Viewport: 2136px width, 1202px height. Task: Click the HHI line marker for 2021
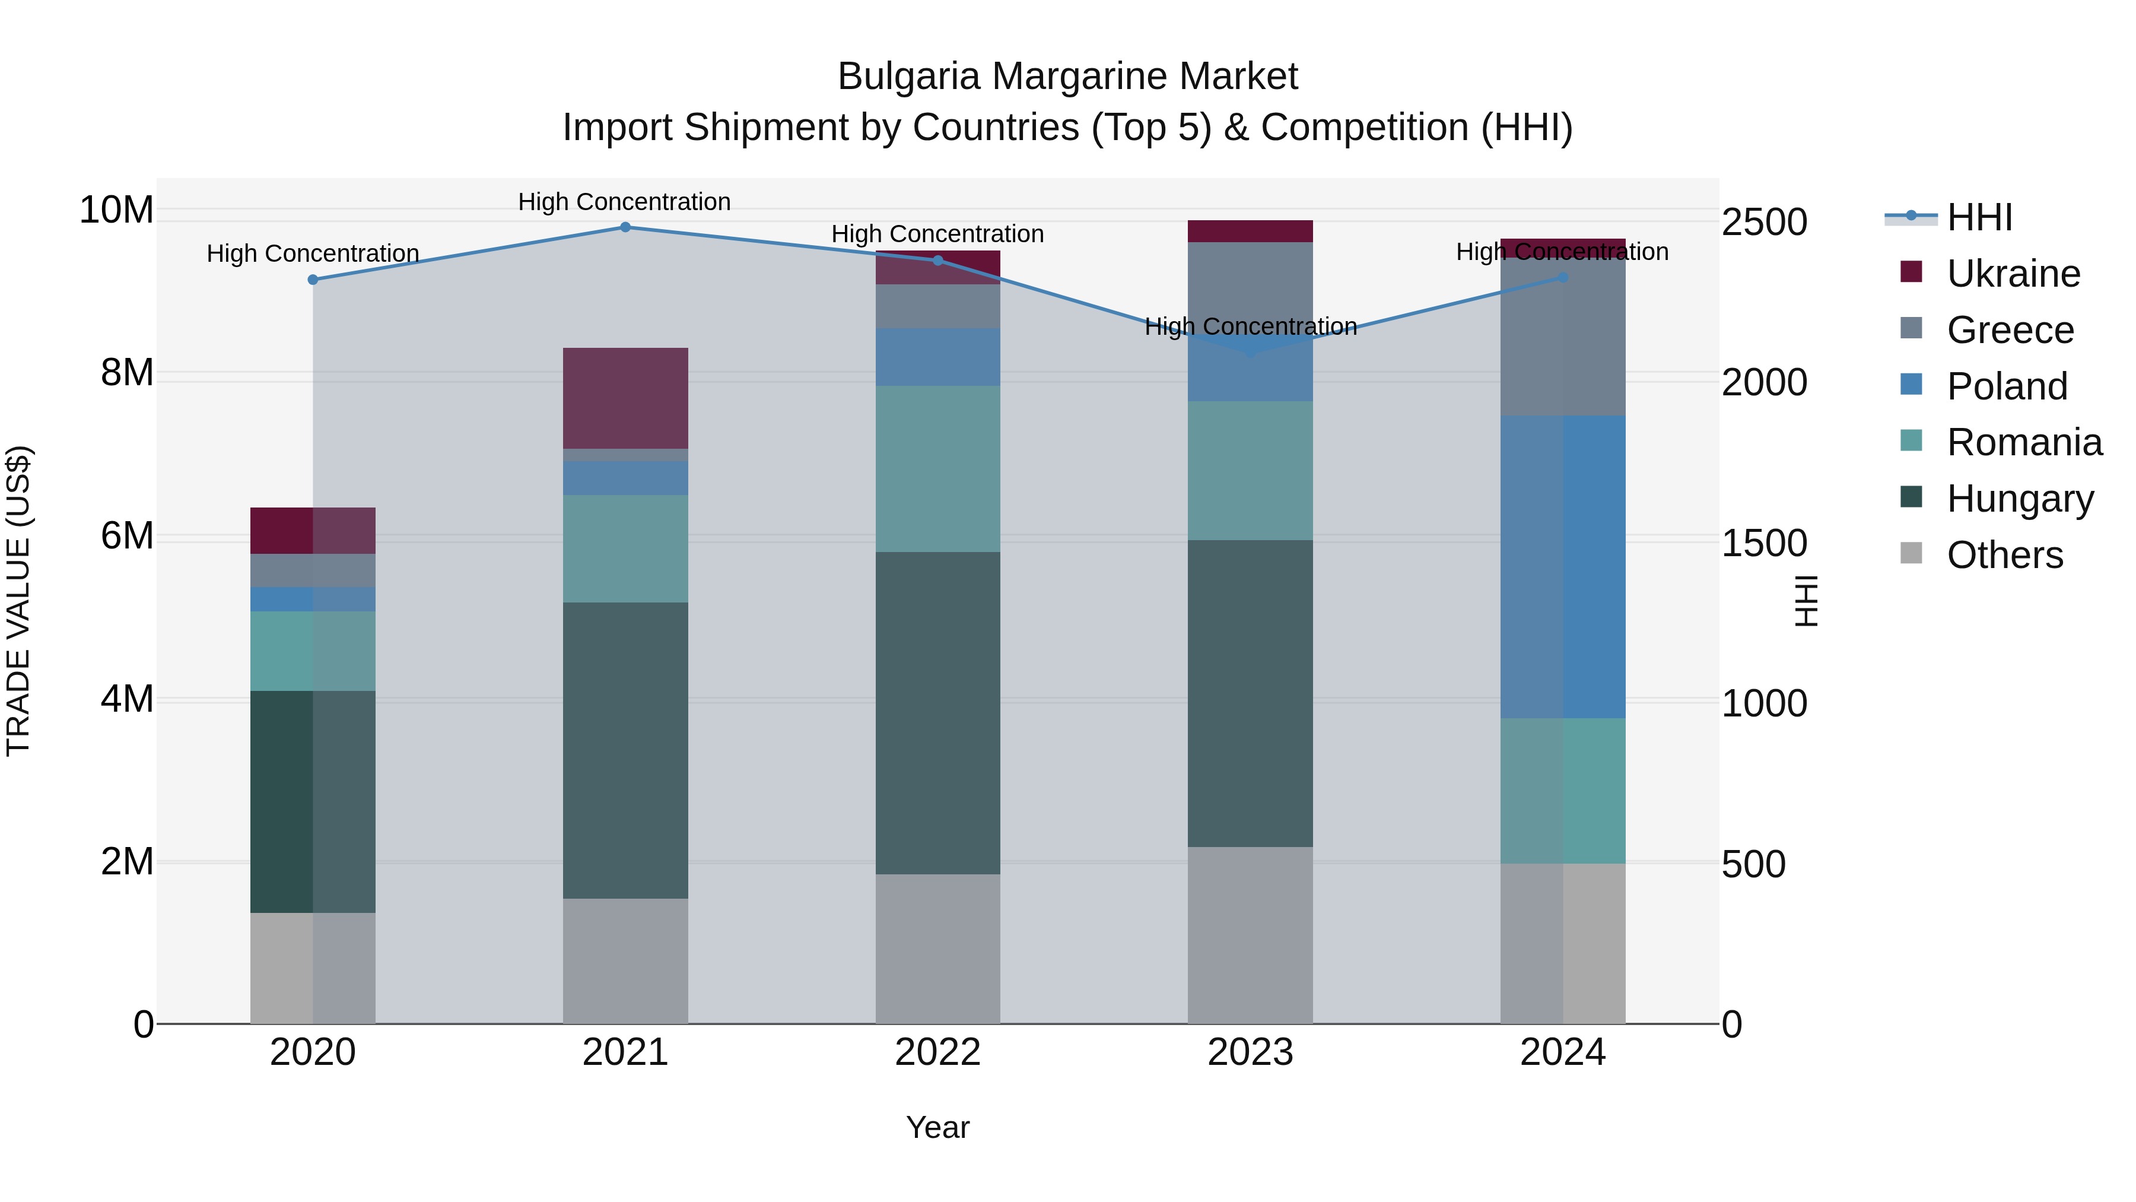625,227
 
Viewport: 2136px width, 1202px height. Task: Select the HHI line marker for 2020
313,280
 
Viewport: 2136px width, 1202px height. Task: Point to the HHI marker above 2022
938,261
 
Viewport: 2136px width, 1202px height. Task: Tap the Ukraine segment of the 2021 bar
625,398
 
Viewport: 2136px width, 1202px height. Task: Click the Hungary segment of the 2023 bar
1250,693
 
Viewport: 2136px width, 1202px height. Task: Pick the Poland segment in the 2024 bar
1562,567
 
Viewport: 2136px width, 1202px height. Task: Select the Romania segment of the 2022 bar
938,469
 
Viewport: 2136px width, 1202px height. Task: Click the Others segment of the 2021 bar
625,960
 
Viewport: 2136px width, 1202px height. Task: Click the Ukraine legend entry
2013,274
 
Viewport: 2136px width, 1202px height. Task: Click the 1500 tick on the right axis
1764,543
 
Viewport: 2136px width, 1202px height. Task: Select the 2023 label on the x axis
1250,1052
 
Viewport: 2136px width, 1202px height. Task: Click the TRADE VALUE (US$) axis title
18,601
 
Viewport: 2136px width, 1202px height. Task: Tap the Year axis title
938,1127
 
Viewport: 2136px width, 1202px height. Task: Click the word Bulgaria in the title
909,77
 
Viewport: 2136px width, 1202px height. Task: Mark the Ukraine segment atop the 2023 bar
1250,231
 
